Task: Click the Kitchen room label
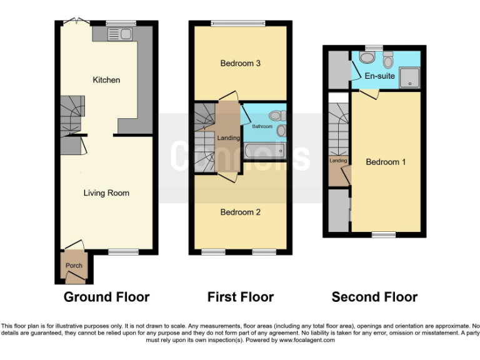pyautogui.click(x=106, y=80)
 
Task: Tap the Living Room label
pyautogui.click(x=106, y=193)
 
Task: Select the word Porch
pyautogui.click(x=74, y=266)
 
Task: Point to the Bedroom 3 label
pyautogui.click(x=240, y=63)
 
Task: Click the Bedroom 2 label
pyautogui.click(x=240, y=212)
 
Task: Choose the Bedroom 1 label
pyautogui.click(x=386, y=162)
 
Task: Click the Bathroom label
pyautogui.click(x=262, y=127)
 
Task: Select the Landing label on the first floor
pyautogui.click(x=227, y=138)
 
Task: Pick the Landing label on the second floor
pyautogui.click(x=338, y=161)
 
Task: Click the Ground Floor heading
pyautogui.click(x=106, y=297)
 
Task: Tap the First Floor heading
pyautogui.click(x=241, y=297)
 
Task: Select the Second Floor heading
pyautogui.click(x=374, y=297)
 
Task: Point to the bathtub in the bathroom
pyautogui.click(x=263, y=151)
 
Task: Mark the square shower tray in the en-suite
pyautogui.click(x=409, y=76)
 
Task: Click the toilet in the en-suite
pyautogui.click(x=388, y=61)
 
